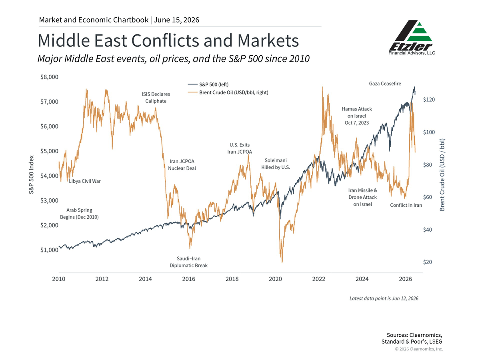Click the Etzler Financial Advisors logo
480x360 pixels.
point(412,37)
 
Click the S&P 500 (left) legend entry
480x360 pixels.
point(208,84)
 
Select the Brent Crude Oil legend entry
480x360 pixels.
point(228,92)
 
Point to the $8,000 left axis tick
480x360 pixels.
point(49,77)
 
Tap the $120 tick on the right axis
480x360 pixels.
point(429,100)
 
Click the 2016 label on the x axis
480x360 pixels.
point(188,279)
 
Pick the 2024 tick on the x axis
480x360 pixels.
point(362,279)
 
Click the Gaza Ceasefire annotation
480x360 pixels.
point(385,84)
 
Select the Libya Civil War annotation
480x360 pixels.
point(85,181)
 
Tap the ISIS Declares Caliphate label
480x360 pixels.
point(156,98)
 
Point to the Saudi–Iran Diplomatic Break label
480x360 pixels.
point(188,262)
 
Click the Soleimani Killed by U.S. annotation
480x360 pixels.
point(276,164)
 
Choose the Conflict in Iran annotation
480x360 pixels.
point(406,205)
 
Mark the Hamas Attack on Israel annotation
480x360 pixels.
point(357,116)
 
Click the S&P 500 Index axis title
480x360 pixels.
point(32,174)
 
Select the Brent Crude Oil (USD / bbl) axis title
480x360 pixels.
point(442,175)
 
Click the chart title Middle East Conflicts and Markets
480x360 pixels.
point(168,40)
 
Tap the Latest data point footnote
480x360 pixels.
point(384,298)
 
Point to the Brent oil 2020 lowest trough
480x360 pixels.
point(282,262)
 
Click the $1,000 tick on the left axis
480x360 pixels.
point(49,250)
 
